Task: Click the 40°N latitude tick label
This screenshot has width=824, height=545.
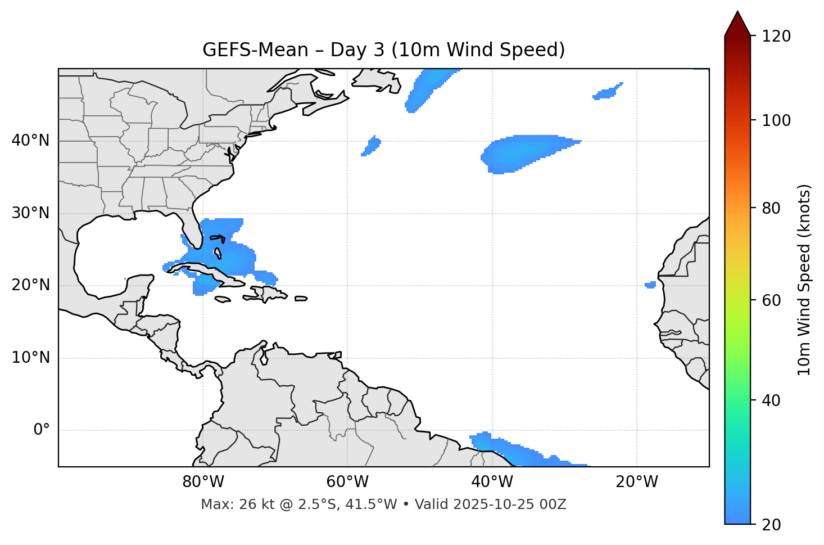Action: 30,141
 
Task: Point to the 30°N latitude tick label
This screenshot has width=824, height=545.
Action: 30,213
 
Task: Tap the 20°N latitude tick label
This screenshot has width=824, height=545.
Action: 30,285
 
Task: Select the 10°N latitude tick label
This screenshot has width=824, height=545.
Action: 30,358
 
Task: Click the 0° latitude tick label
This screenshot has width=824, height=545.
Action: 42,430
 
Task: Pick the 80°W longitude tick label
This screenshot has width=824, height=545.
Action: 203,482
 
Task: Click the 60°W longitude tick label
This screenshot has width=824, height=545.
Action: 347,482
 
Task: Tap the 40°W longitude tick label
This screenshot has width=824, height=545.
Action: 492,482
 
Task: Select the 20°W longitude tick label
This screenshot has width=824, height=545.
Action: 636,482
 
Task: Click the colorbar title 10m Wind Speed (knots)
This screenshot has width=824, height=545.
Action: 804,280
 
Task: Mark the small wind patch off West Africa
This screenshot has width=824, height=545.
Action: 650,285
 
